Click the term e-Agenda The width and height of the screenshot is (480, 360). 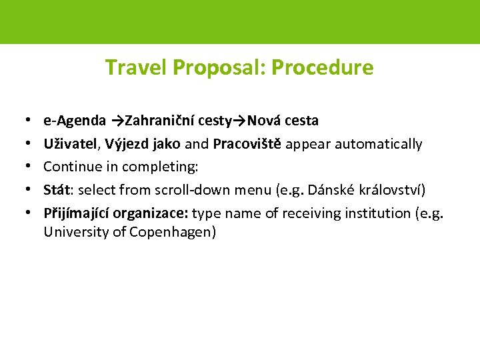(74, 121)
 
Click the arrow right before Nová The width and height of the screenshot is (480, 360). (239, 121)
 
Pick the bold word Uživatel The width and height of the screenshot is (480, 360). (66, 144)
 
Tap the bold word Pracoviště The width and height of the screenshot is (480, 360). (247, 144)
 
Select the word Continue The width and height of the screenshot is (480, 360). (69, 167)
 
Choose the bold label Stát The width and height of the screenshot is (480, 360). (58, 191)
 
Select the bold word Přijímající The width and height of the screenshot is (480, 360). (76, 213)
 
